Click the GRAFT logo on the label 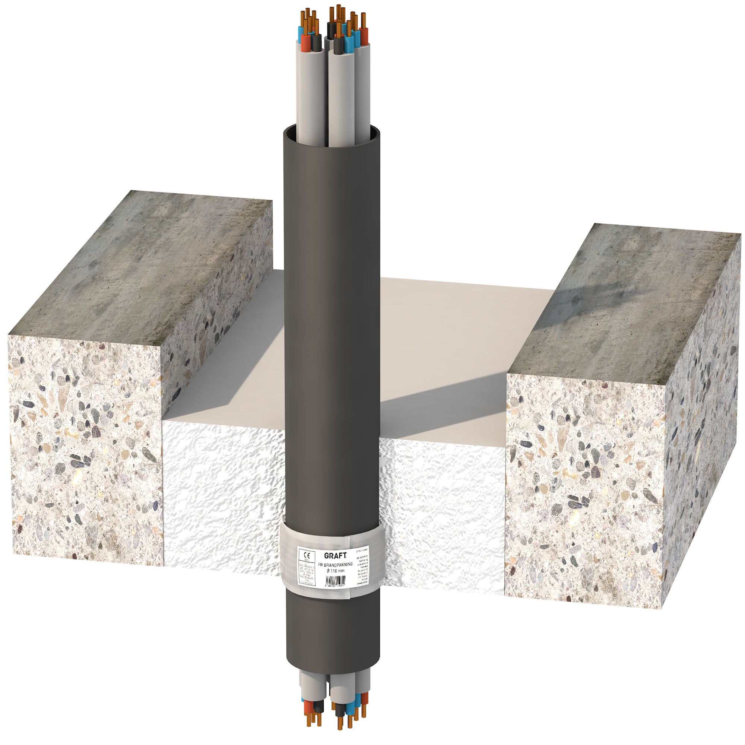(335, 555)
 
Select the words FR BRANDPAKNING (335, 564)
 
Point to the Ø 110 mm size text (335, 570)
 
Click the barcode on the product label (335, 580)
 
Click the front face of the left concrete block (85, 451)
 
